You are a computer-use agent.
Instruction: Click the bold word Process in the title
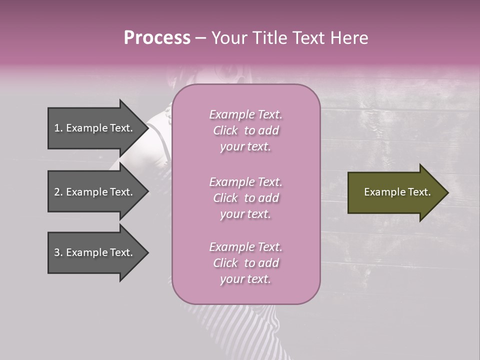click(x=157, y=38)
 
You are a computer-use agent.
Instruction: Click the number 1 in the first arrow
click(x=57, y=128)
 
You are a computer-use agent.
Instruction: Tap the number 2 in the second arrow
click(x=57, y=192)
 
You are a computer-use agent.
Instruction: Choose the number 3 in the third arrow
click(x=57, y=252)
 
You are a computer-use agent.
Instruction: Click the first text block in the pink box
click(x=245, y=130)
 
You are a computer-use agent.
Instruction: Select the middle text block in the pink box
click(x=245, y=198)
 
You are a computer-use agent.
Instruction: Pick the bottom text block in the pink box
click(x=245, y=263)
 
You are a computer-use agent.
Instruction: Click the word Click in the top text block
click(x=225, y=130)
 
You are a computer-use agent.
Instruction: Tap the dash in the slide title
click(x=201, y=38)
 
